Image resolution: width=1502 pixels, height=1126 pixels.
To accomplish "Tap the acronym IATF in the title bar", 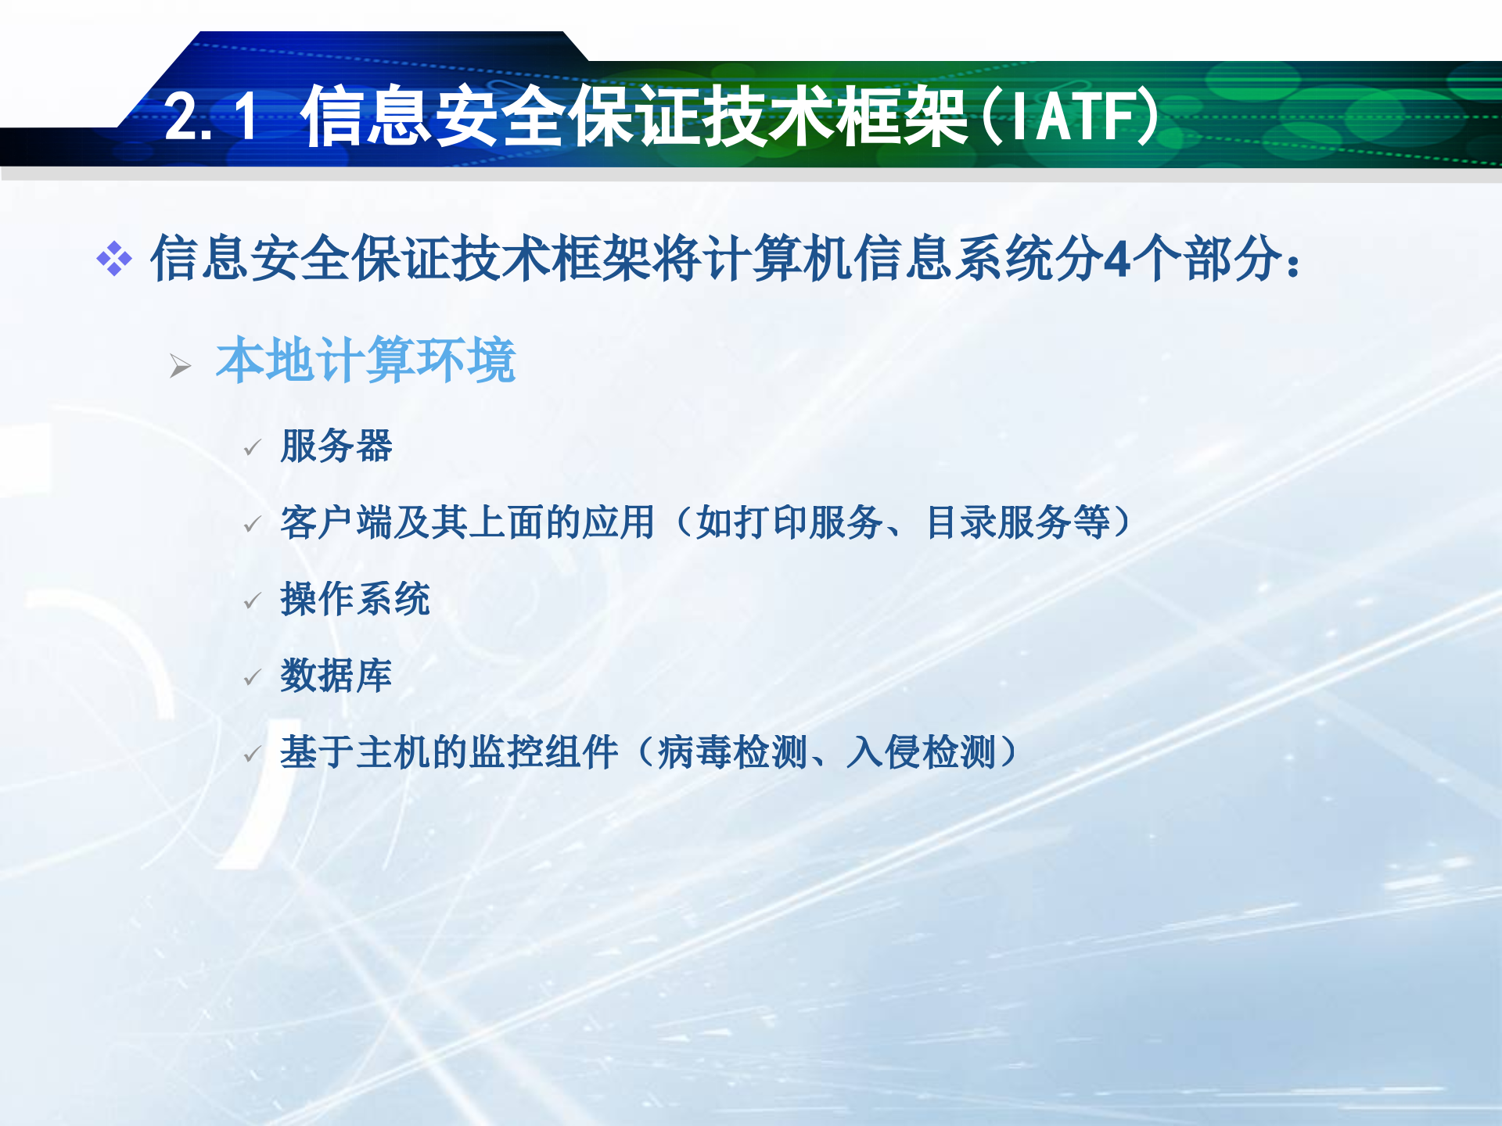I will [1070, 117].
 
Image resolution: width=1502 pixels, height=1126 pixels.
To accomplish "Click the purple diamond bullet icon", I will [114, 259].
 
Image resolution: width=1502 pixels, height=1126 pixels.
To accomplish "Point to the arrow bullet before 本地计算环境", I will [180, 365].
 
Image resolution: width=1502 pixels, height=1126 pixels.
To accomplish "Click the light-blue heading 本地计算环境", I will [365, 360].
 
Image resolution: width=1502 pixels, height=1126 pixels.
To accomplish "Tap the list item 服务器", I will [336, 446].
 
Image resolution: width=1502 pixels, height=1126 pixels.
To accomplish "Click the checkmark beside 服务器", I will [252, 448].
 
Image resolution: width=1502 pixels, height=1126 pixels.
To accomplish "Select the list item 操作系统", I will [355, 599].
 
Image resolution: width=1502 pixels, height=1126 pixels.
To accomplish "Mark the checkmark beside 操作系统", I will [252, 601].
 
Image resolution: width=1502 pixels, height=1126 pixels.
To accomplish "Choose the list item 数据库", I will [336, 675].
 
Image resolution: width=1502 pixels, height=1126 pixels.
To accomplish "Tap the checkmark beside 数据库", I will [252, 677].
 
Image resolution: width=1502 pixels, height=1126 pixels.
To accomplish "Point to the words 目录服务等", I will [1017, 522].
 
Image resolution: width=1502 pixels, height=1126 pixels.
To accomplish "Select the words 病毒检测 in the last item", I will [732, 752].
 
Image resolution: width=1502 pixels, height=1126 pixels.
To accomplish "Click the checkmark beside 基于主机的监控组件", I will [252, 755].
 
